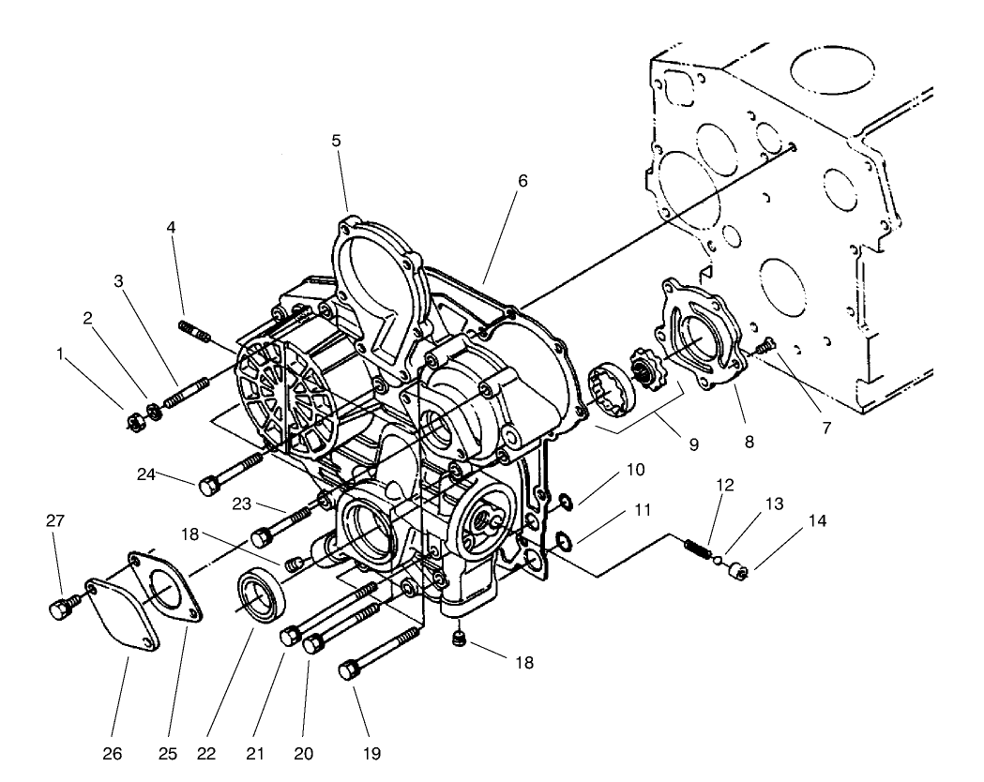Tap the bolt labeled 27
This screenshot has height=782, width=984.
pyautogui.click(x=58, y=609)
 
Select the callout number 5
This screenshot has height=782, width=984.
pyautogui.click(x=336, y=142)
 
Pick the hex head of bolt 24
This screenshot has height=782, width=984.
pyautogui.click(x=207, y=485)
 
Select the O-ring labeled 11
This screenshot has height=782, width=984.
pyautogui.click(x=563, y=540)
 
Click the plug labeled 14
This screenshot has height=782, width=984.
pyautogui.click(x=738, y=569)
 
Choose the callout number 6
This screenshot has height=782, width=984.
pyautogui.click(x=522, y=181)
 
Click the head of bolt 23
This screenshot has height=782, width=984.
pyautogui.click(x=262, y=538)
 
